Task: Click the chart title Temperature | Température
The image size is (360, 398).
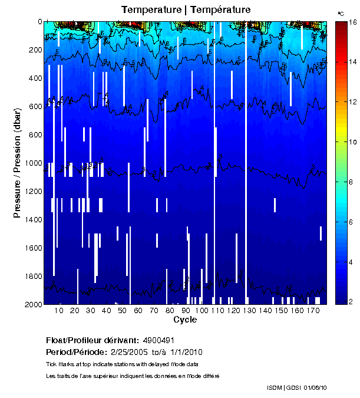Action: pos(186,9)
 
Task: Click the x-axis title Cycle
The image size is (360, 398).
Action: pos(185,320)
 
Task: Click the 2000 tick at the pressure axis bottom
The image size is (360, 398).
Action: pos(29,304)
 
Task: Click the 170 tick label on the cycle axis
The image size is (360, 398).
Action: pos(312,311)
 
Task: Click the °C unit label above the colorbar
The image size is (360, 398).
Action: pos(341,13)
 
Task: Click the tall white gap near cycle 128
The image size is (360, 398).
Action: pos(246,165)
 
